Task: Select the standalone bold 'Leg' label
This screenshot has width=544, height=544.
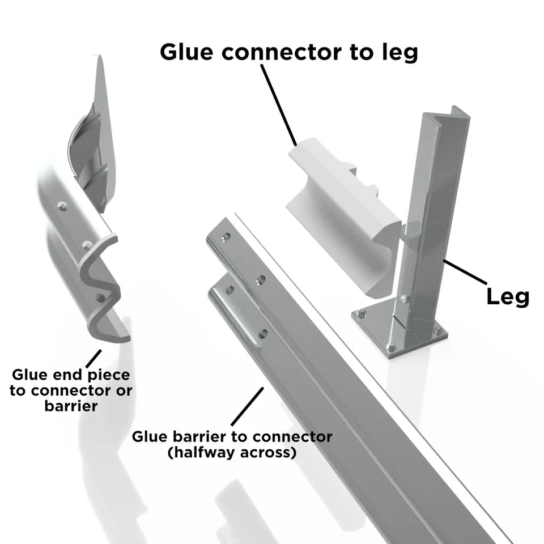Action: [x=508, y=296]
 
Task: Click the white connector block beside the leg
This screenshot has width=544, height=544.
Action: [x=340, y=210]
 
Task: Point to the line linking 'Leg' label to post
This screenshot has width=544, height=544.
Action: [x=465, y=272]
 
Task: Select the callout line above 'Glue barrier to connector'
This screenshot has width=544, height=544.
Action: [x=248, y=406]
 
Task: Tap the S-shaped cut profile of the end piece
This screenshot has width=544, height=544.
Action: [x=103, y=289]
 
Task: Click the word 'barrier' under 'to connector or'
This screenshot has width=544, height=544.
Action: [x=71, y=406]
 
